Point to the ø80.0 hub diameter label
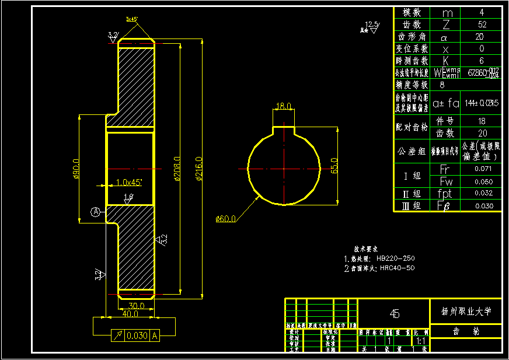[x=76, y=169]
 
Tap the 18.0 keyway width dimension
[x=283, y=106]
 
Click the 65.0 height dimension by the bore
[x=334, y=166]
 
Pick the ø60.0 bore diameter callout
[x=225, y=219]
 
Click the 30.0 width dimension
[x=137, y=306]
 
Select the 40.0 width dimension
[x=130, y=314]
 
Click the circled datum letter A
[x=96, y=212]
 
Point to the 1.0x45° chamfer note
[x=130, y=182]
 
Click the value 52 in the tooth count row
[x=480, y=25]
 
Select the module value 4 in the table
[x=480, y=12]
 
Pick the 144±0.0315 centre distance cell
[x=481, y=103]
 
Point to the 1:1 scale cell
[x=420, y=340]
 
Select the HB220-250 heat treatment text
[x=397, y=257]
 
